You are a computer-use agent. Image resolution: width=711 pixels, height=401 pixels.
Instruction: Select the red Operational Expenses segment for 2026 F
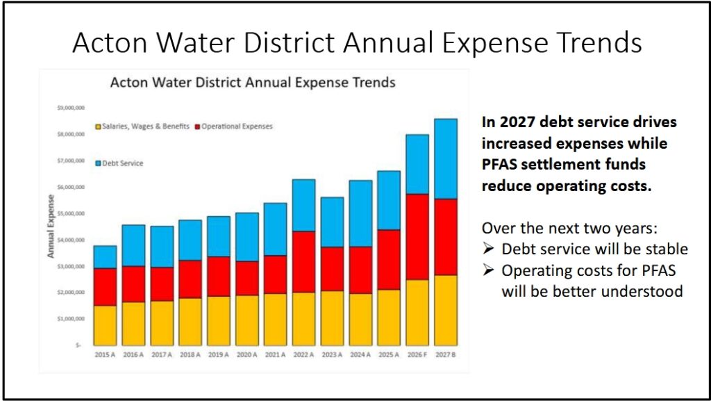417,236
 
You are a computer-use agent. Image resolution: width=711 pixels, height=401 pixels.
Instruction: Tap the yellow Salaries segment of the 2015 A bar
105,325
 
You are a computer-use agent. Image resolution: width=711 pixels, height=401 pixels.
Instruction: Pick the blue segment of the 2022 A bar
303,205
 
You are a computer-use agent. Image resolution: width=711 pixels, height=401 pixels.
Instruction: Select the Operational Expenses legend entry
234,126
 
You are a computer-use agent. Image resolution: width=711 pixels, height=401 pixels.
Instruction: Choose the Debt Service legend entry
119,163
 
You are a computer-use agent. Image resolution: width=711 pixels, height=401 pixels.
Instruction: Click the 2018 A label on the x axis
190,354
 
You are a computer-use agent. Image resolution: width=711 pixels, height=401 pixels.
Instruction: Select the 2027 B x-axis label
445,354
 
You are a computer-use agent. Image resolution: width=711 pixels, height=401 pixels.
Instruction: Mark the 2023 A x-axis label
332,354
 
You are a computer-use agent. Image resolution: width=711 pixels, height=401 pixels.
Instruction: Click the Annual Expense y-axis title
51,227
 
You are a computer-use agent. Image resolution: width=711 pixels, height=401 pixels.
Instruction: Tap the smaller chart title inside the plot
253,83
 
